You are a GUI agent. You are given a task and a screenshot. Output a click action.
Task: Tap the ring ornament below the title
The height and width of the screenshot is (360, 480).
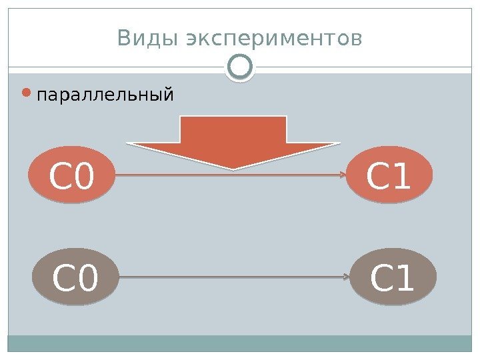(x=240, y=67)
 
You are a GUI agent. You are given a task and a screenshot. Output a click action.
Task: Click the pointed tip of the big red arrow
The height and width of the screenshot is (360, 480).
(x=234, y=167)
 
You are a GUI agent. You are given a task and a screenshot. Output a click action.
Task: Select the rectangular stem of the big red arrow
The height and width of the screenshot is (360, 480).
(x=233, y=129)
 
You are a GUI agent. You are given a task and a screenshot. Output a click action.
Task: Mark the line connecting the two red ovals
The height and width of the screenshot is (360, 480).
(x=200, y=175)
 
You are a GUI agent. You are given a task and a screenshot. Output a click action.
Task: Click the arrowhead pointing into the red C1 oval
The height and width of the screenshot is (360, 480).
(x=342, y=175)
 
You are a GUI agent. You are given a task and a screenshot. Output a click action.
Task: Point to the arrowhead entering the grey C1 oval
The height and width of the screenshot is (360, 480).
(x=346, y=276)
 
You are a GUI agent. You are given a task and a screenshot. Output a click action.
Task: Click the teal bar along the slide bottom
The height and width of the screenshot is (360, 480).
(x=240, y=343)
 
